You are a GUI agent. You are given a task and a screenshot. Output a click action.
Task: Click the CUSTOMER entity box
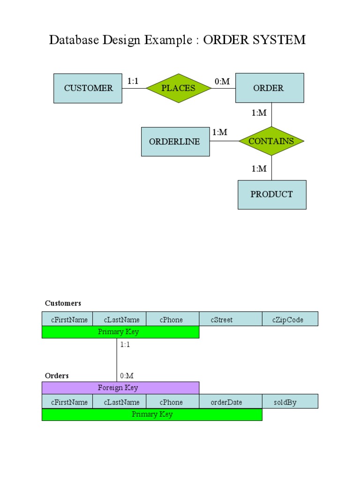pyautogui.click(x=88, y=88)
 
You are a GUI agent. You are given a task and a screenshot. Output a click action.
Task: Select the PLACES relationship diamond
pyautogui.click(x=178, y=88)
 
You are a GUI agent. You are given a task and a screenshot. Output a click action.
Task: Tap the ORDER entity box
pyautogui.click(x=269, y=88)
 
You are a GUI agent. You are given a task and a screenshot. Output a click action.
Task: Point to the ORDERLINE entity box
pyautogui.click(x=175, y=142)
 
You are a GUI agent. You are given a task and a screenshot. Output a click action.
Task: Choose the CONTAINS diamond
pyautogui.click(x=271, y=141)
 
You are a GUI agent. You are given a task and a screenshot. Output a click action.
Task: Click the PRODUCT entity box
pyautogui.click(x=272, y=195)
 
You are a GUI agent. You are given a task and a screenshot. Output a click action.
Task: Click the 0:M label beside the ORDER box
pyautogui.click(x=222, y=82)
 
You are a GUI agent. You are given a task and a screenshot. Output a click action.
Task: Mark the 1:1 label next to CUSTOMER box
pyautogui.click(x=133, y=81)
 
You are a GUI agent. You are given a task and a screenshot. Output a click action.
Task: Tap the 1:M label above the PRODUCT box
pyautogui.click(x=259, y=169)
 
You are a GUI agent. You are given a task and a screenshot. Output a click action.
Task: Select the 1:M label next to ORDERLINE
pyautogui.click(x=219, y=132)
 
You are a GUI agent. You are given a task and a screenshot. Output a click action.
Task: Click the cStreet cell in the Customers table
pyautogui.click(x=231, y=319)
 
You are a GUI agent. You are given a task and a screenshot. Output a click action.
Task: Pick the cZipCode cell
pyautogui.click(x=290, y=319)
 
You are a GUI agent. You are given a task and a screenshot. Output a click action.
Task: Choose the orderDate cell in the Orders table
pyautogui.click(x=231, y=402)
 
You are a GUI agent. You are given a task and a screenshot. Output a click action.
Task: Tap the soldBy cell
pyautogui.click(x=290, y=402)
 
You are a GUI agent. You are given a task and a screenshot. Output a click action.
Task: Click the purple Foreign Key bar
pyautogui.click(x=120, y=388)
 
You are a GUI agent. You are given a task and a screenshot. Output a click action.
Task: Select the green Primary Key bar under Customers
pyautogui.click(x=120, y=332)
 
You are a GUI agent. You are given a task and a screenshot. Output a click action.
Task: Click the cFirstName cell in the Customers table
pyautogui.click(x=67, y=319)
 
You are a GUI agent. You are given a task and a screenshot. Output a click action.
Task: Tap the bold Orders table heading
pyautogui.click(x=57, y=375)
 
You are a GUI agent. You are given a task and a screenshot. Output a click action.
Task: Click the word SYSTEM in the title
pyautogui.click(x=279, y=40)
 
